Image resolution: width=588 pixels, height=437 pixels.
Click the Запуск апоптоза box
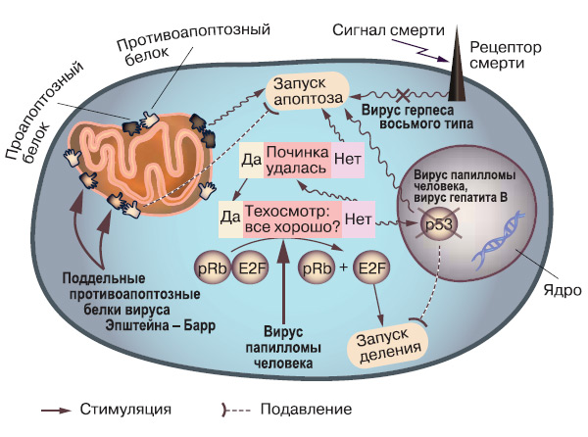pos(307,91)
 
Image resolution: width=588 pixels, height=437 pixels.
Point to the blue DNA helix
pos(494,246)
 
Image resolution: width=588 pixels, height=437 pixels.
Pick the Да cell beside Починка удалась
pos(251,161)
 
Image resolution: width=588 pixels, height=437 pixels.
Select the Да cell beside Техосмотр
pos(230,216)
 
